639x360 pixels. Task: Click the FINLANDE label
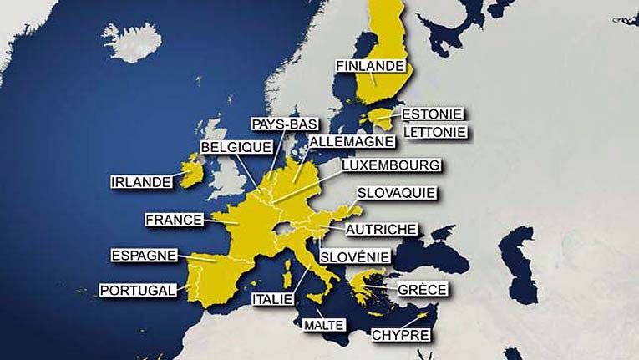coord(371,66)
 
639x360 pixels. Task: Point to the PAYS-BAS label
coord(285,124)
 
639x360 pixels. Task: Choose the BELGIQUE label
coord(236,147)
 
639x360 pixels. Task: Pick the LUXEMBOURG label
coord(391,165)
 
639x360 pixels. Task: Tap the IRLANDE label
coord(141,181)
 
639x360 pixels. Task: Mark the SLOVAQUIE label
coord(397,193)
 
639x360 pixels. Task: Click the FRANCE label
coord(174,220)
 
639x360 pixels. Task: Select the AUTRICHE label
coord(382,229)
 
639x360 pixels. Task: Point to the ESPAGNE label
coord(144,256)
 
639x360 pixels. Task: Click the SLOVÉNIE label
coord(355,256)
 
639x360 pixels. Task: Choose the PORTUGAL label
coord(139,291)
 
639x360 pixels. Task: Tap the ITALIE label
coord(272,298)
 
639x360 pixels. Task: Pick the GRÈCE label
coord(422,290)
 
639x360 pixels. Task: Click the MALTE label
coord(325,324)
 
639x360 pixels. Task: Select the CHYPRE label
coord(402,335)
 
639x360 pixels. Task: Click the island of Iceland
coord(132,41)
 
